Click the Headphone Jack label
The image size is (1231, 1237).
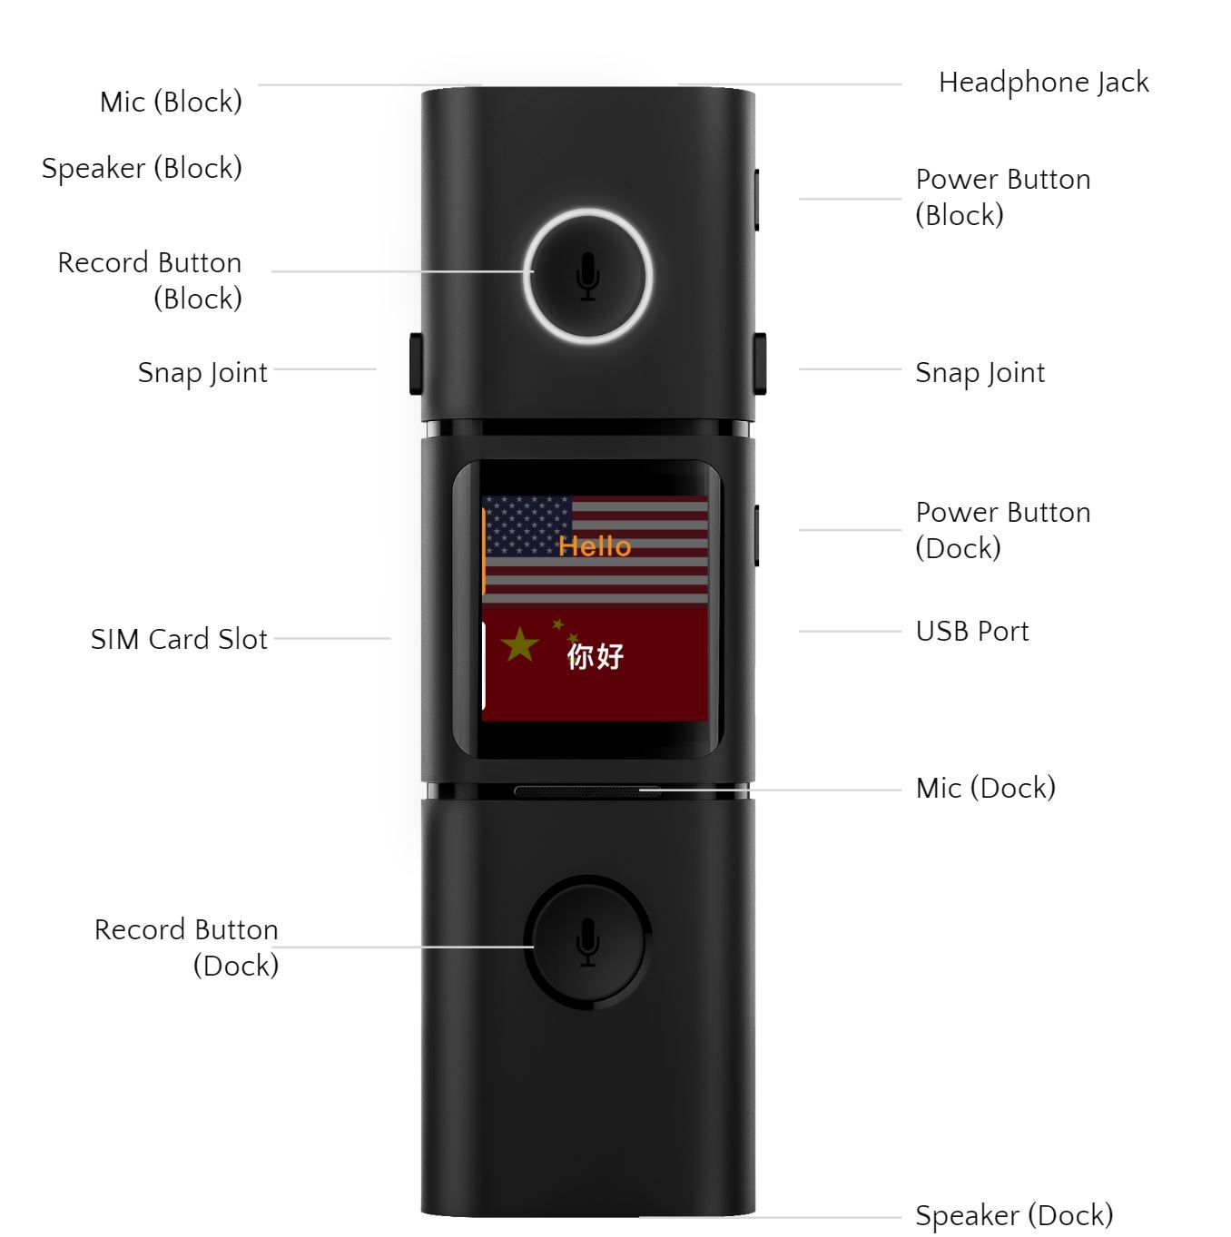(1043, 83)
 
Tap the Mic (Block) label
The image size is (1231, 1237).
(171, 102)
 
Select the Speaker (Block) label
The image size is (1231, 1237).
(142, 168)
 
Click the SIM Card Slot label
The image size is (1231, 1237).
(179, 639)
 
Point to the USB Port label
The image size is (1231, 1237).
(972, 631)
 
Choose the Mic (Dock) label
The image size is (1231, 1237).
(986, 788)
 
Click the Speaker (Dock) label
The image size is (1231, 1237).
(1014, 1214)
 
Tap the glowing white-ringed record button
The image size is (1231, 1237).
(587, 276)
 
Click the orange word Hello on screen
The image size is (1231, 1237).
(595, 546)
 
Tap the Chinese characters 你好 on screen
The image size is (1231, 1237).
(595, 656)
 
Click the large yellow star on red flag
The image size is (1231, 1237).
(519, 645)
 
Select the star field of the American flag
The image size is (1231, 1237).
(527, 525)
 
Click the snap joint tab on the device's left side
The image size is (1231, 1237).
(416, 364)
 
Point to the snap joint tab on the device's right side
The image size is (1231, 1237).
(760, 364)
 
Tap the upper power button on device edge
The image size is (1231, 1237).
(756, 199)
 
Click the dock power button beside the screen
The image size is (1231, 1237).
(756, 535)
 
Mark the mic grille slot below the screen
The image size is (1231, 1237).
(586, 791)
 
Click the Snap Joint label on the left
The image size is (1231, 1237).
(202, 373)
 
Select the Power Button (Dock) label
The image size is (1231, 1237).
(1002, 530)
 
